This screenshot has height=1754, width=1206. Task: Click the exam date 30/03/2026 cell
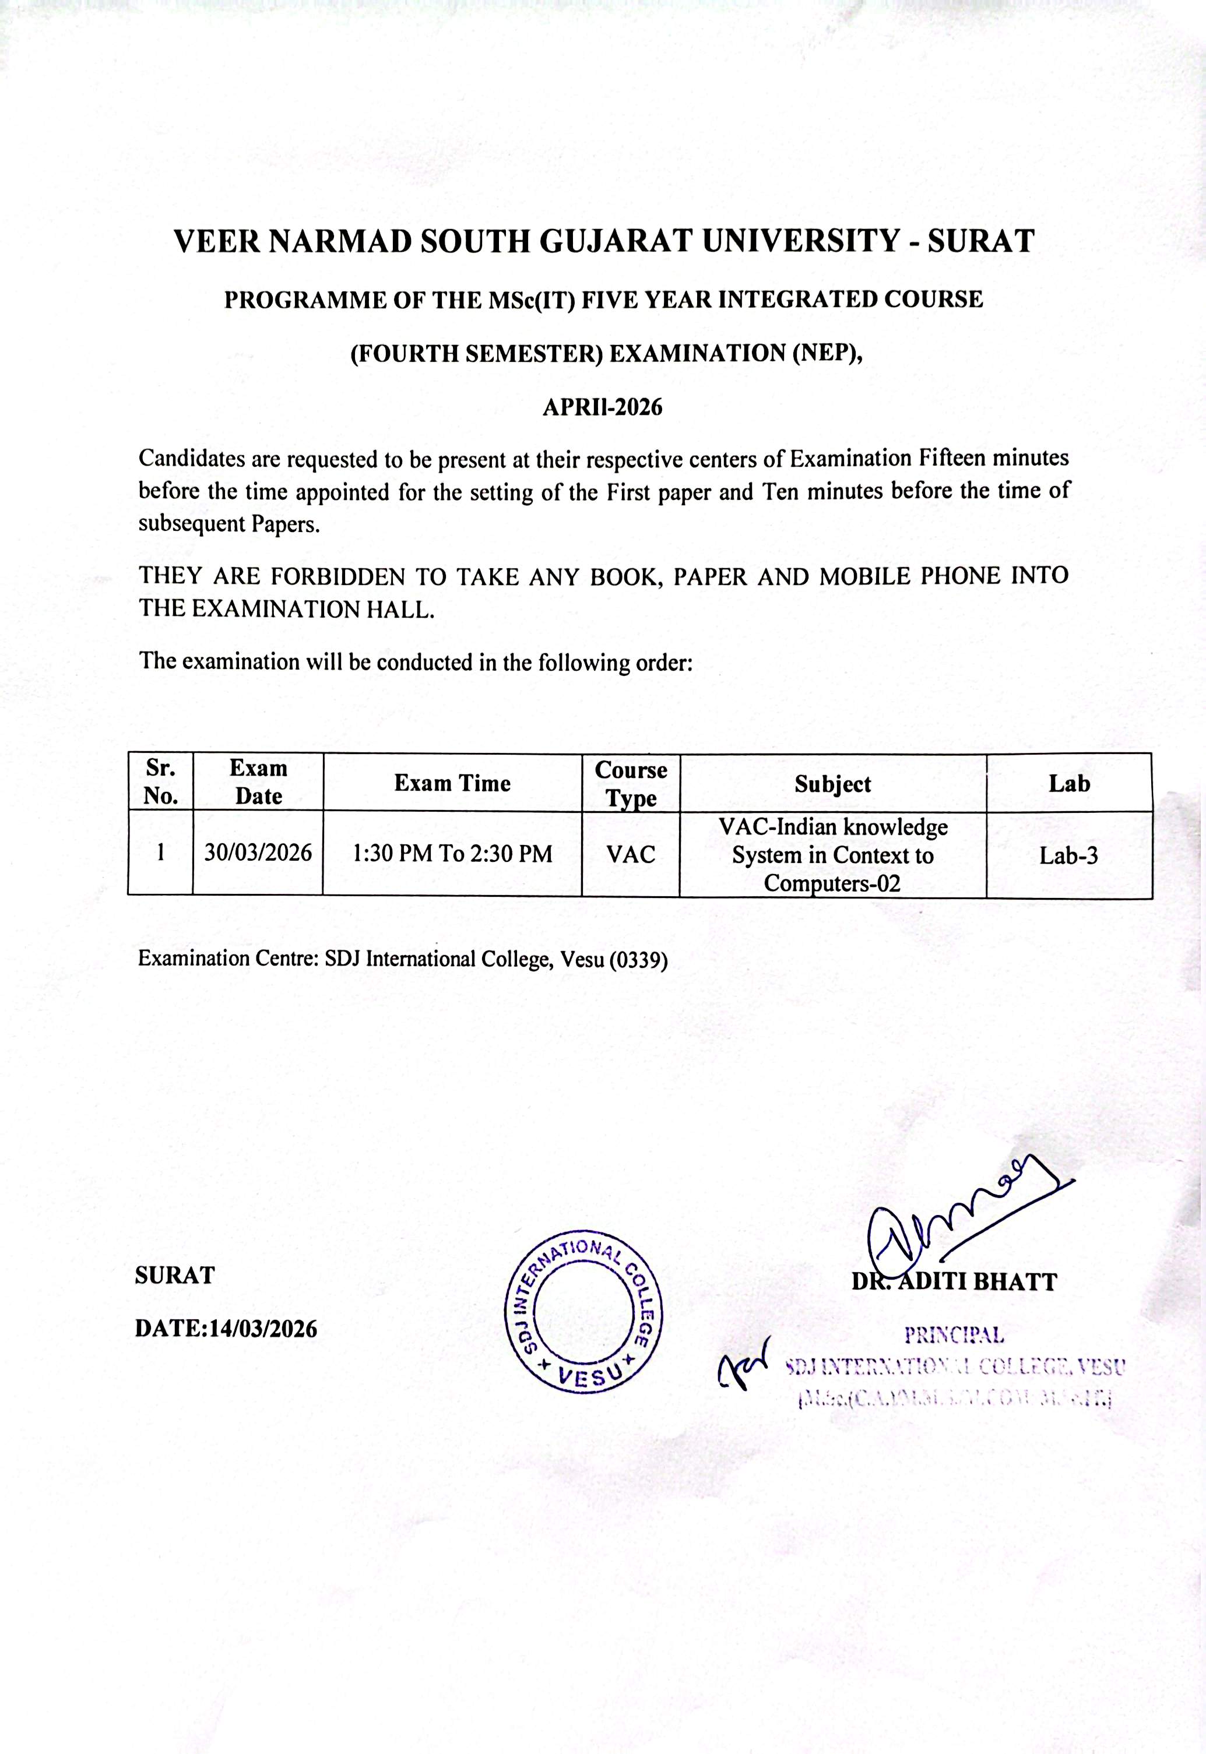click(x=258, y=853)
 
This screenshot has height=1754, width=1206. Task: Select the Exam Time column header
click(x=452, y=783)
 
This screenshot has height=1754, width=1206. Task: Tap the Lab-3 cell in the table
click(x=1068, y=855)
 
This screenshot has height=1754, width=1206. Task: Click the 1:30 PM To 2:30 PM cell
click(x=452, y=854)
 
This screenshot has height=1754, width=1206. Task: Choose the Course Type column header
click(x=630, y=783)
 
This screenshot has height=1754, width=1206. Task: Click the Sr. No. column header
click(x=160, y=782)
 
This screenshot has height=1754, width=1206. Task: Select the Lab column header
click(x=1068, y=783)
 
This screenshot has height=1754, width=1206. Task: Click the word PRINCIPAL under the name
click(x=954, y=1335)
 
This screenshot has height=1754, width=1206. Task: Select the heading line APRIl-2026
click(x=602, y=407)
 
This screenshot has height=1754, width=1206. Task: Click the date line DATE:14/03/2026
click(x=226, y=1328)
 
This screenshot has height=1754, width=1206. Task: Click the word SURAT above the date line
click(x=174, y=1275)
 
